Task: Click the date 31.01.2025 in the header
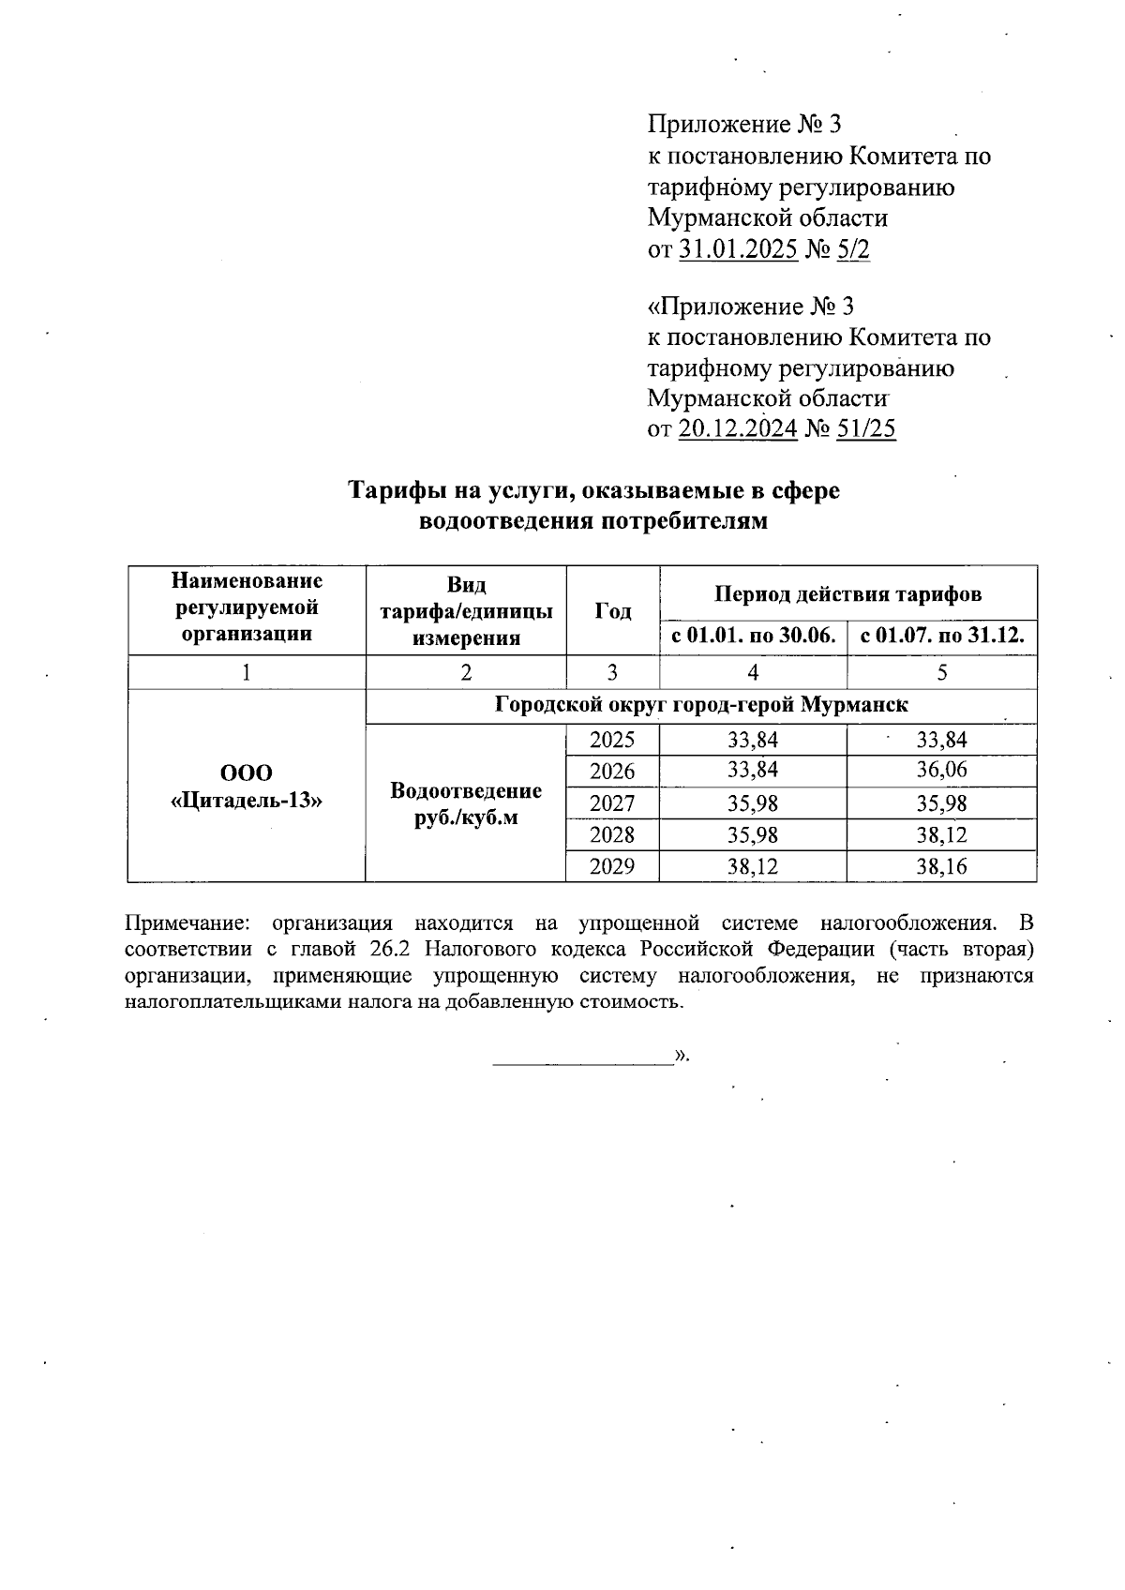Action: pos(737,248)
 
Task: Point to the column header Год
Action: pos(612,610)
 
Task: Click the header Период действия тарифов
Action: pos(847,593)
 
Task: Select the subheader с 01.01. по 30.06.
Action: pos(753,637)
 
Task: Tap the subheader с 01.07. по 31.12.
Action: pos(941,637)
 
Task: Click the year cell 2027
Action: pos(612,803)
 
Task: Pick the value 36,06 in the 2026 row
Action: pos(941,771)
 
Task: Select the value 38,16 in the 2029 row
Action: pos(941,867)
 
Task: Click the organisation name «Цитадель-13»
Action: pos(246,801)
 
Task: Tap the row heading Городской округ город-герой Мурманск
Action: pos(700,704)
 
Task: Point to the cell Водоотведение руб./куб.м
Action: pos(466,803)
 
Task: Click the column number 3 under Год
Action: pos(612,672)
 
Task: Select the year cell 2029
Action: pos(612,867)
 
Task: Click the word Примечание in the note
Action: pos(184,922)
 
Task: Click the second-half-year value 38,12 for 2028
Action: pos(941,835)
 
